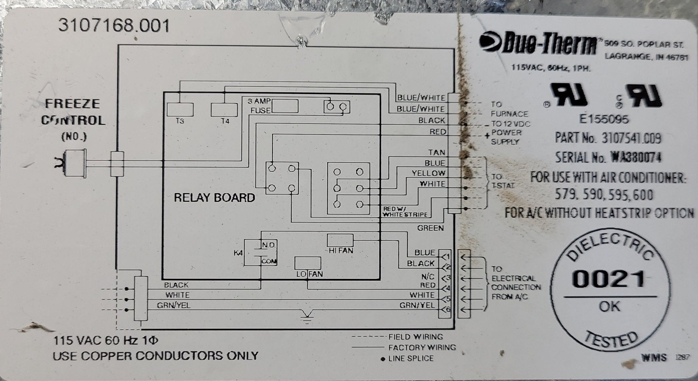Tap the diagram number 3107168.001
tap(114, 26)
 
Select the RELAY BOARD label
tap(214, 198)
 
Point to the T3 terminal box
tap(180, 109)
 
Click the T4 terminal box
tap(224, 109)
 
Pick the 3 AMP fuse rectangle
tap(285, 106)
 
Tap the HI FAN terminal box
tap(340, 240)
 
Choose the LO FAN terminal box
tap(307, 263)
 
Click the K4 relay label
tap(238, 253)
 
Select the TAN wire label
tap(437, 152)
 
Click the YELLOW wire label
tap(428, 173)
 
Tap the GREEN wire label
tap(430, 228)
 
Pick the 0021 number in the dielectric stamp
tap(609, 279)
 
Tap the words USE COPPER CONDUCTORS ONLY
tap(155, 356)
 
